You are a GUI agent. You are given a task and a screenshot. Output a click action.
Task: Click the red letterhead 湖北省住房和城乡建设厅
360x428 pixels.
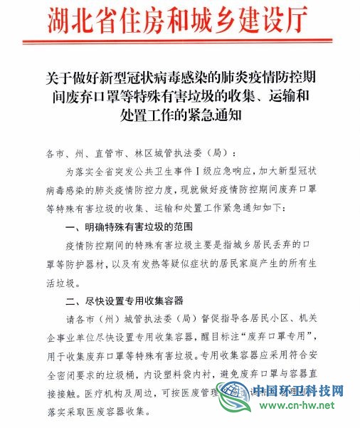pos(180,19)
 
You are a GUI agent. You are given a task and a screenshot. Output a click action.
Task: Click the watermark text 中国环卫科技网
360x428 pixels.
pos(299,391)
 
